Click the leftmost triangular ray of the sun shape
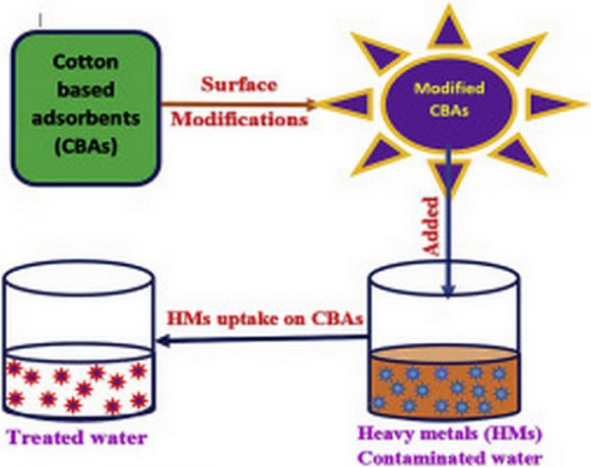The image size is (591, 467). (340, 102)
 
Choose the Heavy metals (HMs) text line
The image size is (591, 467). (455, 434)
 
